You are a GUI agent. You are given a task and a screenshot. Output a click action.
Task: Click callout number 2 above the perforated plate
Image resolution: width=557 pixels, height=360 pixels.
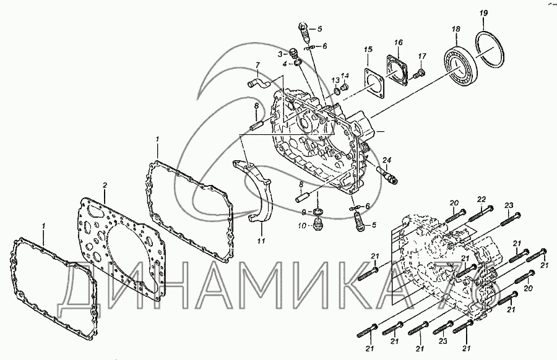pos(105,185)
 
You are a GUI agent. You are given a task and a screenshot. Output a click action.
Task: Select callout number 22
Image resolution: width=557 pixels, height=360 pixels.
pos(480,199)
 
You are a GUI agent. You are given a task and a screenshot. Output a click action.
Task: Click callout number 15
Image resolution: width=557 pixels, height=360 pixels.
pos(368,49)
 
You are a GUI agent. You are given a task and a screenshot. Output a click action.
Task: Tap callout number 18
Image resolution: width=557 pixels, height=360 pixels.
pos(456,29)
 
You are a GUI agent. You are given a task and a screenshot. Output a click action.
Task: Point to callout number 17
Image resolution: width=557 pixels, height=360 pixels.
pos(422,56)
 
